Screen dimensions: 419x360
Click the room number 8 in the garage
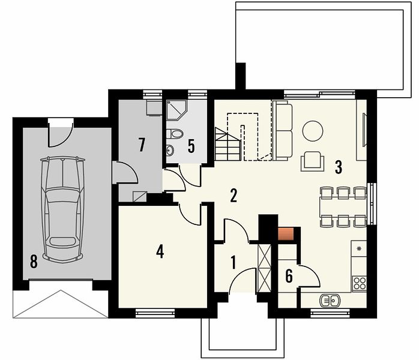click(x=34, y=261)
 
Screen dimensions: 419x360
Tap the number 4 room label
click(x=160, y=251)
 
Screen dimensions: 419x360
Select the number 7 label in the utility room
click(x=142, y=145)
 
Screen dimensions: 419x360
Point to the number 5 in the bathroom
click(x=191, y=146)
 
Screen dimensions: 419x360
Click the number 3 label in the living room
click(x=339, y=167)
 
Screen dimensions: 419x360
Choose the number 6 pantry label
click(x=289, y=276)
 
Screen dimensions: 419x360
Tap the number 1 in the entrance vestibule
click(x=234, y=262)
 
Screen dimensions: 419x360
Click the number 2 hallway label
click(x=234, y=196)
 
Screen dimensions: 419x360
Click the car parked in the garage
click(x=63, y=209)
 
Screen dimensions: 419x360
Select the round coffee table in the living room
click(x=313, y=131)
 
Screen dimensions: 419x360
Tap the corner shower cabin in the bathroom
click(x=176, y=110)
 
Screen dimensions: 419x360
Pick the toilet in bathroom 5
click(x=175, y=134)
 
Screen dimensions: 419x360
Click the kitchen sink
click(x=330, y=301)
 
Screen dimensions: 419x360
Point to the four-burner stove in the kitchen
click(x=360, y=284)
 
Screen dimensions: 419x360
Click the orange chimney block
click(x=286, y=234)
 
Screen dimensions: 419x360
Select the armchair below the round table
click(x=313, y=161)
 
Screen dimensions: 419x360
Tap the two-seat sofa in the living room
click(x=283, y=130)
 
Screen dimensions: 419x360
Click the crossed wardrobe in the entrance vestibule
click(x=264, y=268)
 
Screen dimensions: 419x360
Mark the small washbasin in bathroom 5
click(x=170, y=150)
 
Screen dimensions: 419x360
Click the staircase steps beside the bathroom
click(x=228, y=144)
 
